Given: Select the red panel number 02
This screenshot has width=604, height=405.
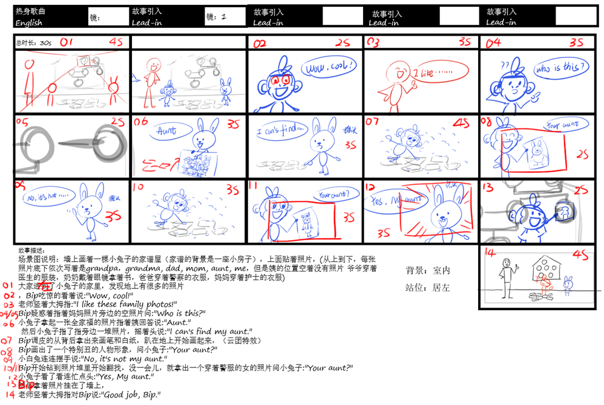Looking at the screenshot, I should click(260, 44).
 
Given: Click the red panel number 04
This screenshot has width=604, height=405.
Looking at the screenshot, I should click(493, 43).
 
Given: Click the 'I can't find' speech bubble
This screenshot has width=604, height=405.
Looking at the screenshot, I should click(280, 131).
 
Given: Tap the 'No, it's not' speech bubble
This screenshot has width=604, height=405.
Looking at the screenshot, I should click(49, 197).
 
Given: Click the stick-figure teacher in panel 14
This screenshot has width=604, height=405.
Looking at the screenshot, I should click(507, 275).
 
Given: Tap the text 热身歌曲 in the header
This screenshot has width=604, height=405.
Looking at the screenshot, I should click(30, 11).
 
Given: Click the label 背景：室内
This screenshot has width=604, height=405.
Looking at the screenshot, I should click(427, 270).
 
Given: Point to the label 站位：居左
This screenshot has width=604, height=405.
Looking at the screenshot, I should click(427, 288).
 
